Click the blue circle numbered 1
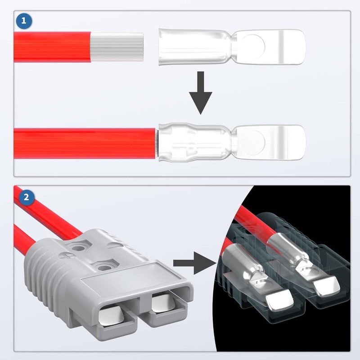22,21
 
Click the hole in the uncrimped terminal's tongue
255,45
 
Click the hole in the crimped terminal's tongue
255,141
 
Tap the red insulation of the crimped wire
85,142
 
